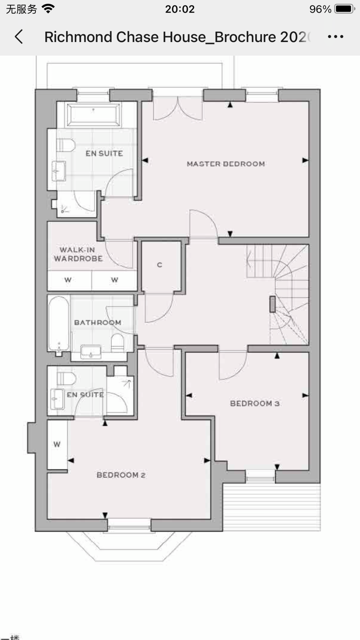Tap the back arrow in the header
(x=19, y=37)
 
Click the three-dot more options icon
(x=335, y=37)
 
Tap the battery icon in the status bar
(x=345, y=9)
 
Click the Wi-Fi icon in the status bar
(x=48, y=9)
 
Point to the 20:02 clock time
(x=180, y=9)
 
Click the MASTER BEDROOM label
(x=226, y=164)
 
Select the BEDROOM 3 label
(x=255, y=403)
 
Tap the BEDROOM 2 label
(x=121, y=475)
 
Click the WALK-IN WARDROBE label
(x=78, y=254)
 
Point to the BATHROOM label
(x=98, y=322)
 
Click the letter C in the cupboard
(x=160, y=265)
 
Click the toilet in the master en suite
(x=66, y=145)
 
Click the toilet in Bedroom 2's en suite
(x=66, y=378)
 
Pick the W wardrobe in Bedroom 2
(x=57, y=444)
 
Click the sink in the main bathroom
(x=91, y=351)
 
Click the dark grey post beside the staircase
(x=272, y=304)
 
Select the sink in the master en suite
(x=59, y=171)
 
